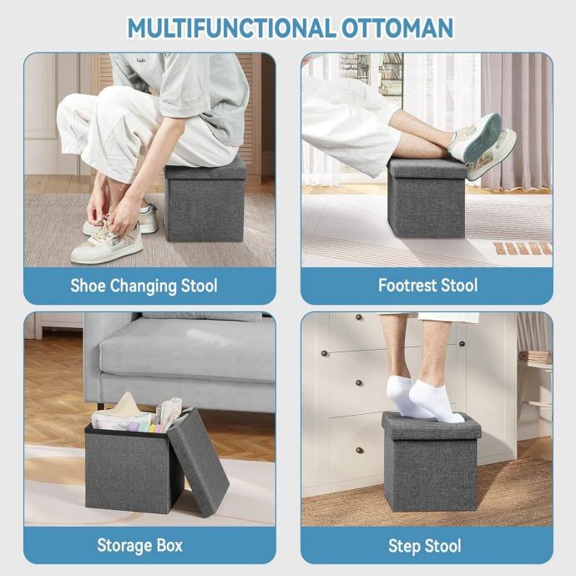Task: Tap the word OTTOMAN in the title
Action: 397,28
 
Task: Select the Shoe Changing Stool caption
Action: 144,286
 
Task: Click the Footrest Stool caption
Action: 428,285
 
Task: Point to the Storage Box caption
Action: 139,545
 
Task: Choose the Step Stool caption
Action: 425,546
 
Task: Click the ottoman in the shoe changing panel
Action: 205,200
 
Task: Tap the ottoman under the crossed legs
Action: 427,199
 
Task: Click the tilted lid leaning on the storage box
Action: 200,462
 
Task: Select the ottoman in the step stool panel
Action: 431,462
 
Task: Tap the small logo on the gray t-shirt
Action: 141,60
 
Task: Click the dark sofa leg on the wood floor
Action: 101,406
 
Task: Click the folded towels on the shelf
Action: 536,357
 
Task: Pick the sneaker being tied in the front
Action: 106,241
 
